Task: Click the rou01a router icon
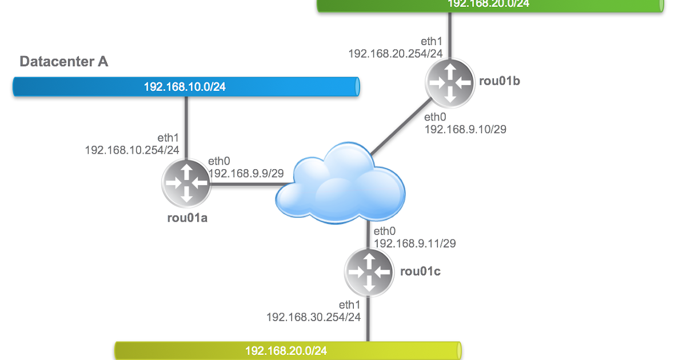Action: [x=186, y=183]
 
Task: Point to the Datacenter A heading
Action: [x=64, y=62]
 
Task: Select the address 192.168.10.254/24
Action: [x=132, y=150]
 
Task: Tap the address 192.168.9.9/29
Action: [x=246, y=173]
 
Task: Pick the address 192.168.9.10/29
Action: [x=465, y=130]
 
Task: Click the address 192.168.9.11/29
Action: [x=414, y=243]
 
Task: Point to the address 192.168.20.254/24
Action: [x=396, y=53]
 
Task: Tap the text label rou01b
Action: [x=500, y=81]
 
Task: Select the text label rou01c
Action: [x=420, y=271]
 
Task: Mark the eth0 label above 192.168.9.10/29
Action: [x=435, y=118]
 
